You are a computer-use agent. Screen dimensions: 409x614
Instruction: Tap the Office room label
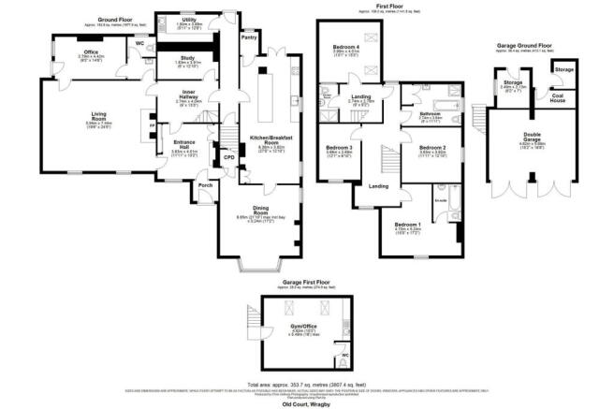pos(91,51)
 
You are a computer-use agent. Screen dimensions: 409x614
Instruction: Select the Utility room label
pos(189,20)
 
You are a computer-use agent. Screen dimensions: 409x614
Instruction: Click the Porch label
pos(205,185)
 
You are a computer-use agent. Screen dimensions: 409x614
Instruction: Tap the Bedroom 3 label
pos(339,148)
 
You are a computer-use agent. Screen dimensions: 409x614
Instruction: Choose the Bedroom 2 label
pos(431,148)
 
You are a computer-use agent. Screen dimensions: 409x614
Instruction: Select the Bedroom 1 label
pos(407,226)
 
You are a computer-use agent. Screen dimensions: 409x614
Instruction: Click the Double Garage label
pos(531,137)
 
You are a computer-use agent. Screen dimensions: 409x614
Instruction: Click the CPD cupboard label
pos(228,158)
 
